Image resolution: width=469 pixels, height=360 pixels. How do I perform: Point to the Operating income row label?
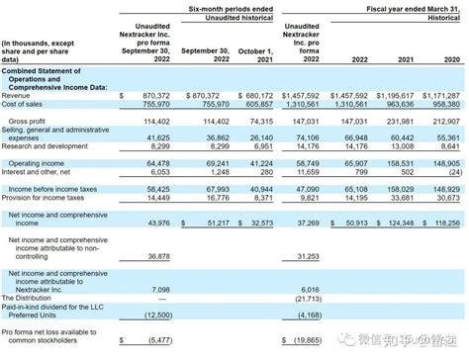[x=34, y=164]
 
